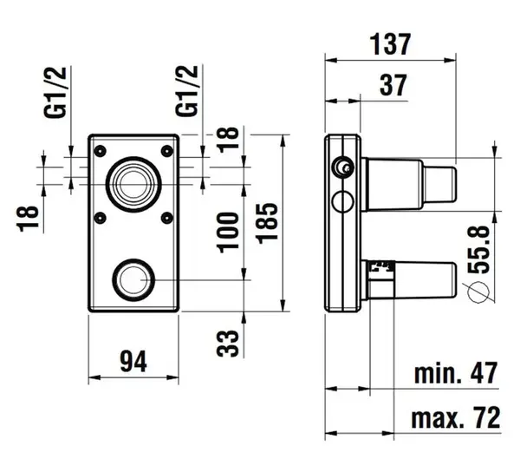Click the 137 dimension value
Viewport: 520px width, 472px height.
pos(390,42)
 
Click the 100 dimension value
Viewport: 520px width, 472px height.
pos(228,230)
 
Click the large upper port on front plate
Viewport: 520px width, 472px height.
pos(133,181)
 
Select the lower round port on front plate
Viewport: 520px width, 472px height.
pos(133,279)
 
